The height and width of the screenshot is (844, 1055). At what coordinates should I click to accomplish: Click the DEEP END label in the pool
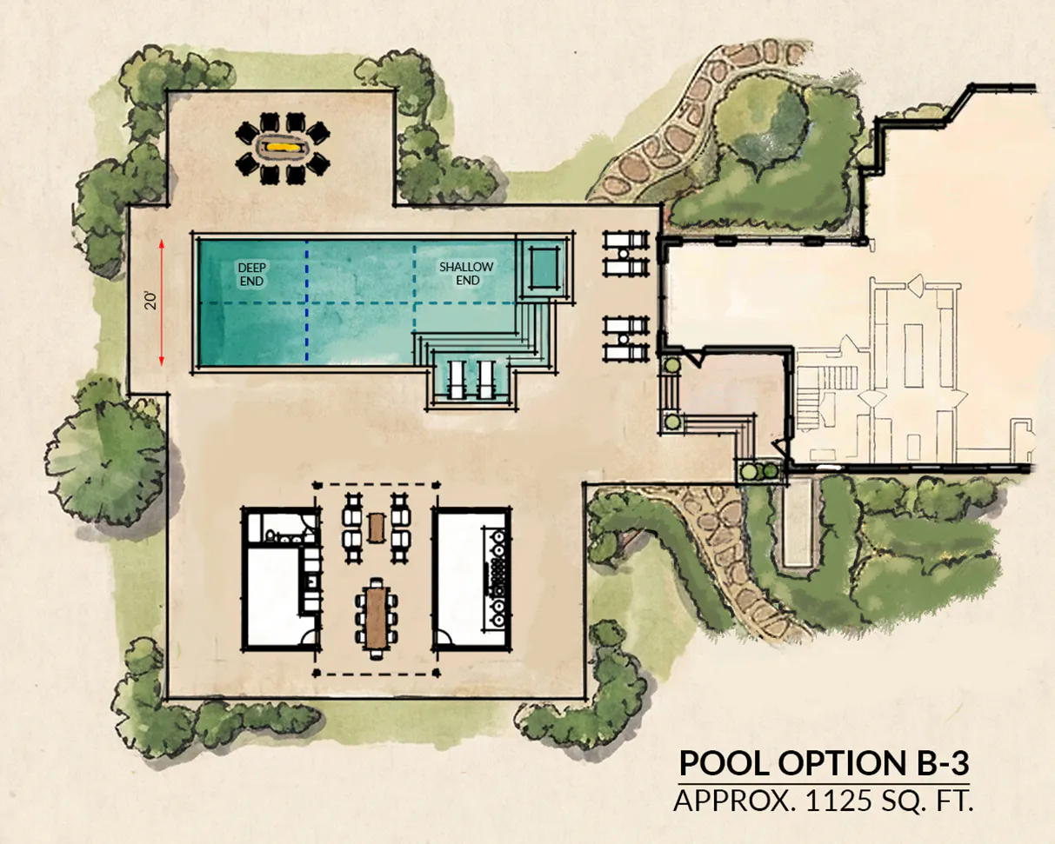pos(251,275)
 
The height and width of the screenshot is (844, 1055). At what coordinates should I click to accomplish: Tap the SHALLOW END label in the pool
pos(466,274)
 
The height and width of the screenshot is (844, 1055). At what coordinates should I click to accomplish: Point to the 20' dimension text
pos(150,301)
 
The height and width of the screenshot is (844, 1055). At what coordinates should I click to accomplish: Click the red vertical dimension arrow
pos(161,302)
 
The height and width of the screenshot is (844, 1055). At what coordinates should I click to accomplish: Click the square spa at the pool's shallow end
pos(544,268)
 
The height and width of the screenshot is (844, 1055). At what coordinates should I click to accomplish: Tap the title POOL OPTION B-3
pos(825,763)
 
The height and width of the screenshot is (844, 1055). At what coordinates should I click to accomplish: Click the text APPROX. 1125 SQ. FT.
pos(823,801)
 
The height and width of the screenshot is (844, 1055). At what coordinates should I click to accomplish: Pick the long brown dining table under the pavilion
pos(376,618)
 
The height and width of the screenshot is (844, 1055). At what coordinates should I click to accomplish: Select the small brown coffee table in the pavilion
pos(376,528)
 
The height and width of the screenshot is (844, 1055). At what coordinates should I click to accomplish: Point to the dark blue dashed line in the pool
pos(307,302)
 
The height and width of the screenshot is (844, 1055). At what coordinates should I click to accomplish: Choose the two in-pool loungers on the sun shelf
pos(471,379)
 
